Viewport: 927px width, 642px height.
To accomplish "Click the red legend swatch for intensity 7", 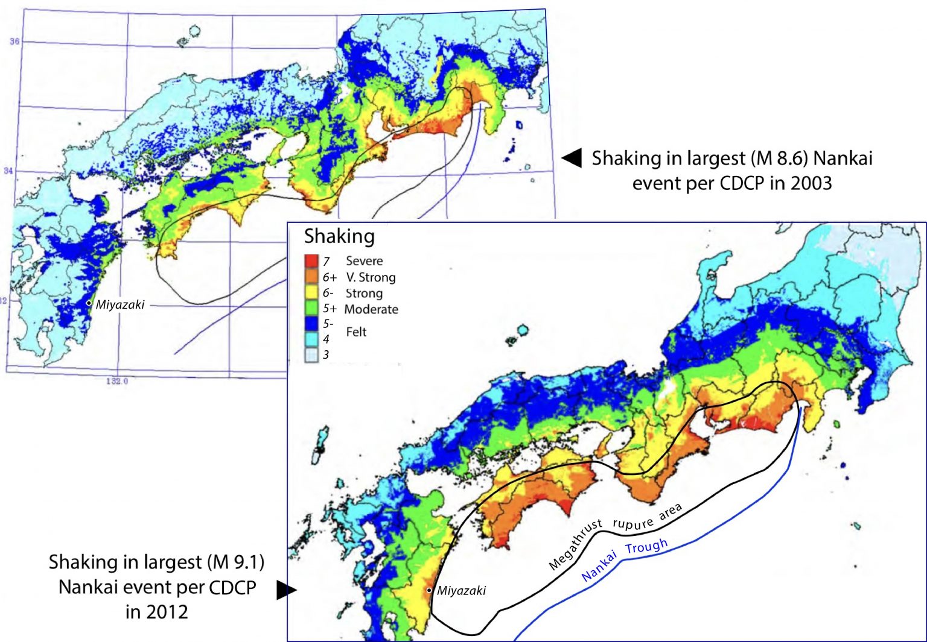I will coord(311,261).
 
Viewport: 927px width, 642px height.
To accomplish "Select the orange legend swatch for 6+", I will coord(311,277).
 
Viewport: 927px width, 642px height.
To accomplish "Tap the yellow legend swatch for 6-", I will coord(311,292).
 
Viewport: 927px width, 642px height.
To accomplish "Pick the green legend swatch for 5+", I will coord(311,308).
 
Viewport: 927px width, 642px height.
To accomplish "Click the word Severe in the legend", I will coord(364,261).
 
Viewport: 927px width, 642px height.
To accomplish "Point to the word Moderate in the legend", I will coord(371,309).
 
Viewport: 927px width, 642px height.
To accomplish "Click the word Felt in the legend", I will coord(356,332).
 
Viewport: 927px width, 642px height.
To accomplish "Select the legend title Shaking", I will coord(339,236).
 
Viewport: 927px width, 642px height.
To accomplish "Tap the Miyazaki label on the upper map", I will coord(120,304).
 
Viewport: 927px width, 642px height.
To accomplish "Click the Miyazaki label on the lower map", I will coord(461,591).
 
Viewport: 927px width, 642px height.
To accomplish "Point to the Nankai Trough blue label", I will coord(624,559).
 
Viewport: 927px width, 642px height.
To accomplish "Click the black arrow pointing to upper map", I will coord(572,158).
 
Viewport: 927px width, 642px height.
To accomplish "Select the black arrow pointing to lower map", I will coord(286,590).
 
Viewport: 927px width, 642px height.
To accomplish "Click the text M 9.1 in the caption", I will coord(235,562).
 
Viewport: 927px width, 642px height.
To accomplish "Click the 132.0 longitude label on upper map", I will coord(117,381).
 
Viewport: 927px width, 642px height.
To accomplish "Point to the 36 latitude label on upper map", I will coord(14,41).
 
